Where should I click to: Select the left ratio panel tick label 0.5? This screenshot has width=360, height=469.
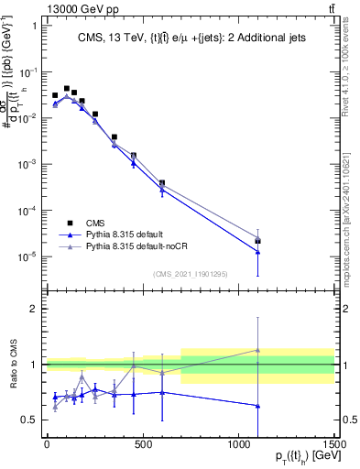coord(28,420)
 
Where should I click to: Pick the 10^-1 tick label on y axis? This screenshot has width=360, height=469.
coord(27,71)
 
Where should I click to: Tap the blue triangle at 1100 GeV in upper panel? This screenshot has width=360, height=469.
coord(258,252)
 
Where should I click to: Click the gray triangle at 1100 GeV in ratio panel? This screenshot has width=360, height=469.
coord(258,350)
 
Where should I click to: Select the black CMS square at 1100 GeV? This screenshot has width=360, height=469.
coord(258,242)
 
